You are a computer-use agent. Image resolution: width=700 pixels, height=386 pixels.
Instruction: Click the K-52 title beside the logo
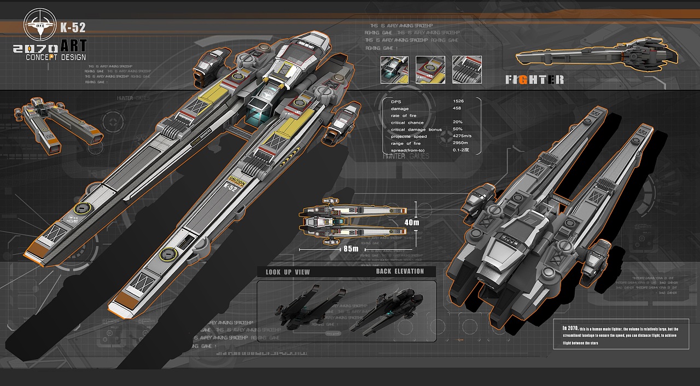73,27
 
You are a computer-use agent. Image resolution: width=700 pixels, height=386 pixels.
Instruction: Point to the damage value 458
457,109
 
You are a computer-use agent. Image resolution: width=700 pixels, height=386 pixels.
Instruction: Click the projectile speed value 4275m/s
463,136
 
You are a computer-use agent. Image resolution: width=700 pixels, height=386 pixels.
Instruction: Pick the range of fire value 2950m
460,143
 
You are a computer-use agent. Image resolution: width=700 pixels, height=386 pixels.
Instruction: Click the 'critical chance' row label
407,122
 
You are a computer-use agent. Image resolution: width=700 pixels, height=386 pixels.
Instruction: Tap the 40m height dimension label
411,223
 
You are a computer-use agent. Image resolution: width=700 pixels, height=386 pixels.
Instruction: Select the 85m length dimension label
351,249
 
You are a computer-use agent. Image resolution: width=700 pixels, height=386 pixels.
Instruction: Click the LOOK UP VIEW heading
288,272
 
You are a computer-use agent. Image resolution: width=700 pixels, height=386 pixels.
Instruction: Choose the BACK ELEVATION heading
400,272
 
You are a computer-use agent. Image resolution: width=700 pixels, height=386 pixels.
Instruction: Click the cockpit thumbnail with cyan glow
395,70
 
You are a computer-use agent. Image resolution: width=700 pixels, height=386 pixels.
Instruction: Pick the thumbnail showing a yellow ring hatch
430,70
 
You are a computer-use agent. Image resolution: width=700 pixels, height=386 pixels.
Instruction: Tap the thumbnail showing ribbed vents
466,70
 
